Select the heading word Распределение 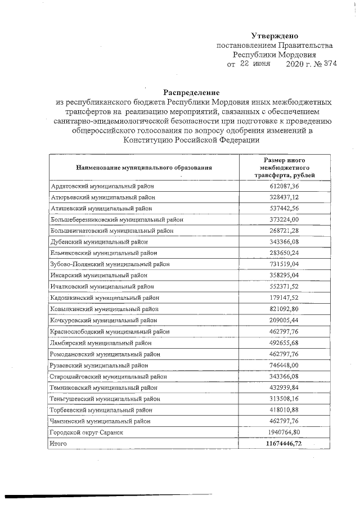(191, 92)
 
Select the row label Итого (59, 444)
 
